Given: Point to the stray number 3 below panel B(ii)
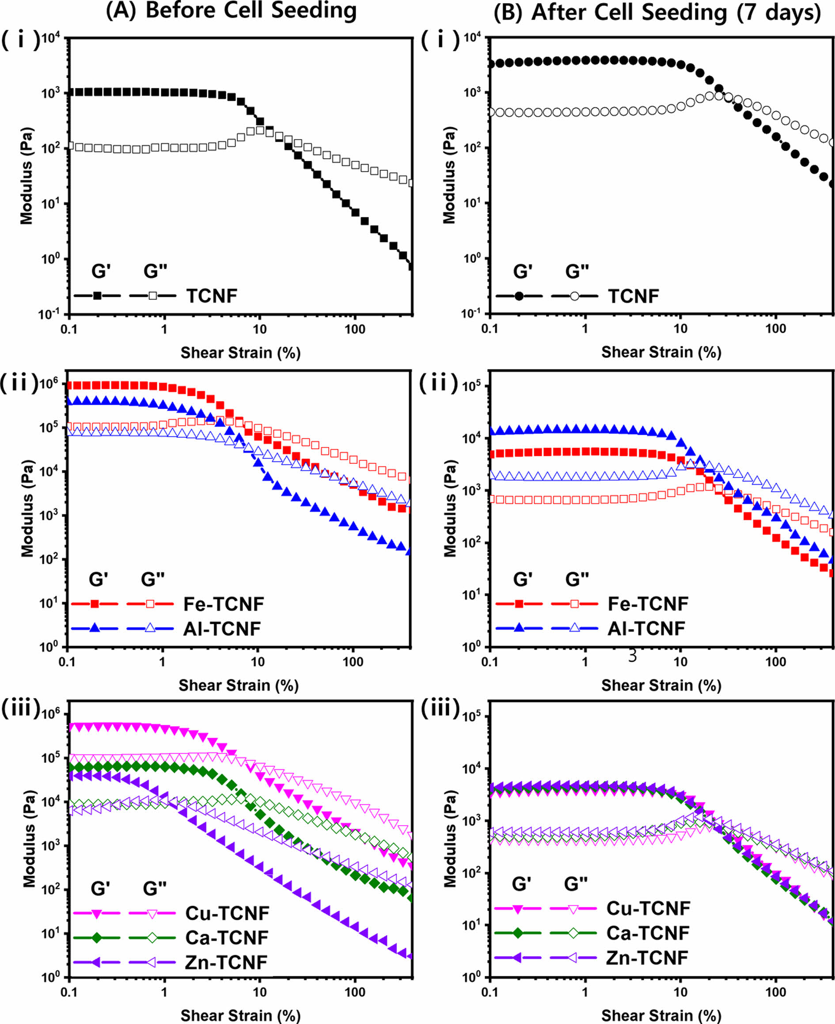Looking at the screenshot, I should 633,656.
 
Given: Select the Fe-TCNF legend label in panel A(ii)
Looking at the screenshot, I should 224,604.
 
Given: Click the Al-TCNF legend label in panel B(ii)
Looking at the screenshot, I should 646,629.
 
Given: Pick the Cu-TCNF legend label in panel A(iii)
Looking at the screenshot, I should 228,913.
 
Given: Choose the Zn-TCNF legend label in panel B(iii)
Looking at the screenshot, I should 647,958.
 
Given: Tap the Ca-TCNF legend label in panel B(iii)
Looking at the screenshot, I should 647,933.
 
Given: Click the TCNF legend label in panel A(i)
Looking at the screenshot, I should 212,296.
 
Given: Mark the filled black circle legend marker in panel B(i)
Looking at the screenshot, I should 519,296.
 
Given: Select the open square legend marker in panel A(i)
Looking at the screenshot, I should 152,296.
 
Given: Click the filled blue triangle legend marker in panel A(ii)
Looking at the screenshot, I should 95,628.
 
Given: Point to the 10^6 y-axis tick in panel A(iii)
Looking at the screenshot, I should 51,714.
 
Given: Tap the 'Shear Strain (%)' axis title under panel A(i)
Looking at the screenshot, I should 240,353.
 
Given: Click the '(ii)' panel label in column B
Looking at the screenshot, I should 439,384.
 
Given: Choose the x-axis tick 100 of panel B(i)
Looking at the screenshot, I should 775,329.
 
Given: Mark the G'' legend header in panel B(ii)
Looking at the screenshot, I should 577,579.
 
